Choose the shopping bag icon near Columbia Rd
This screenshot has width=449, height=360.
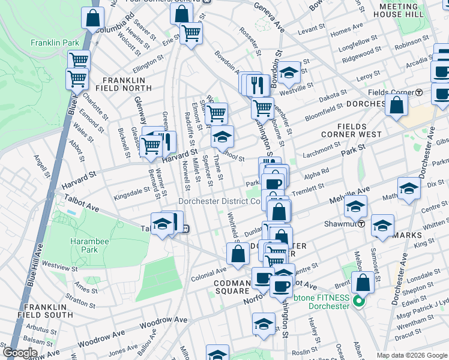(x=93, y=19)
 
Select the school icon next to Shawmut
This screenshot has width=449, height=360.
(x=355, y=208)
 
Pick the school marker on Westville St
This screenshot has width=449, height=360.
(x=289, y=73)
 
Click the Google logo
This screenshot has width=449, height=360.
(x=20, y=353)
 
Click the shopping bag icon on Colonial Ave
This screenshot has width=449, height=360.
(x=238, y=254)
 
